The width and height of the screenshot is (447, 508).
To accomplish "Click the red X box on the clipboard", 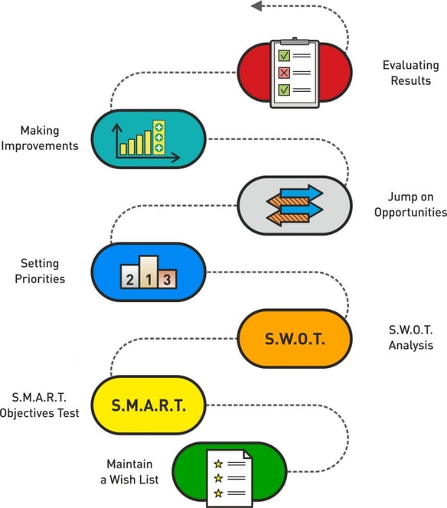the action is pos(284,73).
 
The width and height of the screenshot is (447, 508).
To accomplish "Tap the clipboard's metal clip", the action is pos(295,41).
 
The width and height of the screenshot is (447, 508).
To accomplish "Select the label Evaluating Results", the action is pos(411,73).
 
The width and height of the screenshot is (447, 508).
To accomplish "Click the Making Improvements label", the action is pos(40,138).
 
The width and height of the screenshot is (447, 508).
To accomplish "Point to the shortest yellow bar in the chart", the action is pos(123,149).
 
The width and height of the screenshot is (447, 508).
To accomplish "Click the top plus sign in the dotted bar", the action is pos(158,127).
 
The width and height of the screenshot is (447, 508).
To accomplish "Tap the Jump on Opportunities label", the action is pos(410,204).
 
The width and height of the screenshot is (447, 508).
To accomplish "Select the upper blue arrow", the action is pos(302,193).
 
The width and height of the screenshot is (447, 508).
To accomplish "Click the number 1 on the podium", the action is pos(148,279).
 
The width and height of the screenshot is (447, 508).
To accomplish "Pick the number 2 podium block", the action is pos(130,276).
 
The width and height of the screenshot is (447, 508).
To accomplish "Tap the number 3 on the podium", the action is pos(167,279).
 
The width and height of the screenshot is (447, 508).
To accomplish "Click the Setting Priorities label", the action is pos(40,271).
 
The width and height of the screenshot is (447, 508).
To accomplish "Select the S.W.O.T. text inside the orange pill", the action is pos(295,339).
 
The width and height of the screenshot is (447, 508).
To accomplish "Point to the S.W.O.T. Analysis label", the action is pos(411,337).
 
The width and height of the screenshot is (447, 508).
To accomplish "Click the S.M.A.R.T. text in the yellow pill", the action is pos(148,405).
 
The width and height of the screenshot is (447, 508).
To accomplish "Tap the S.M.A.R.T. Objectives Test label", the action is pos(40,405).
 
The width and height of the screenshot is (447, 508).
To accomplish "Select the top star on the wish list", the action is pos(218,464).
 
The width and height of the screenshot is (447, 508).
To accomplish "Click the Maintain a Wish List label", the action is pos(129,472).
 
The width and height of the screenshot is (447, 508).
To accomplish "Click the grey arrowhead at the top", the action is pos(256,6).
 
